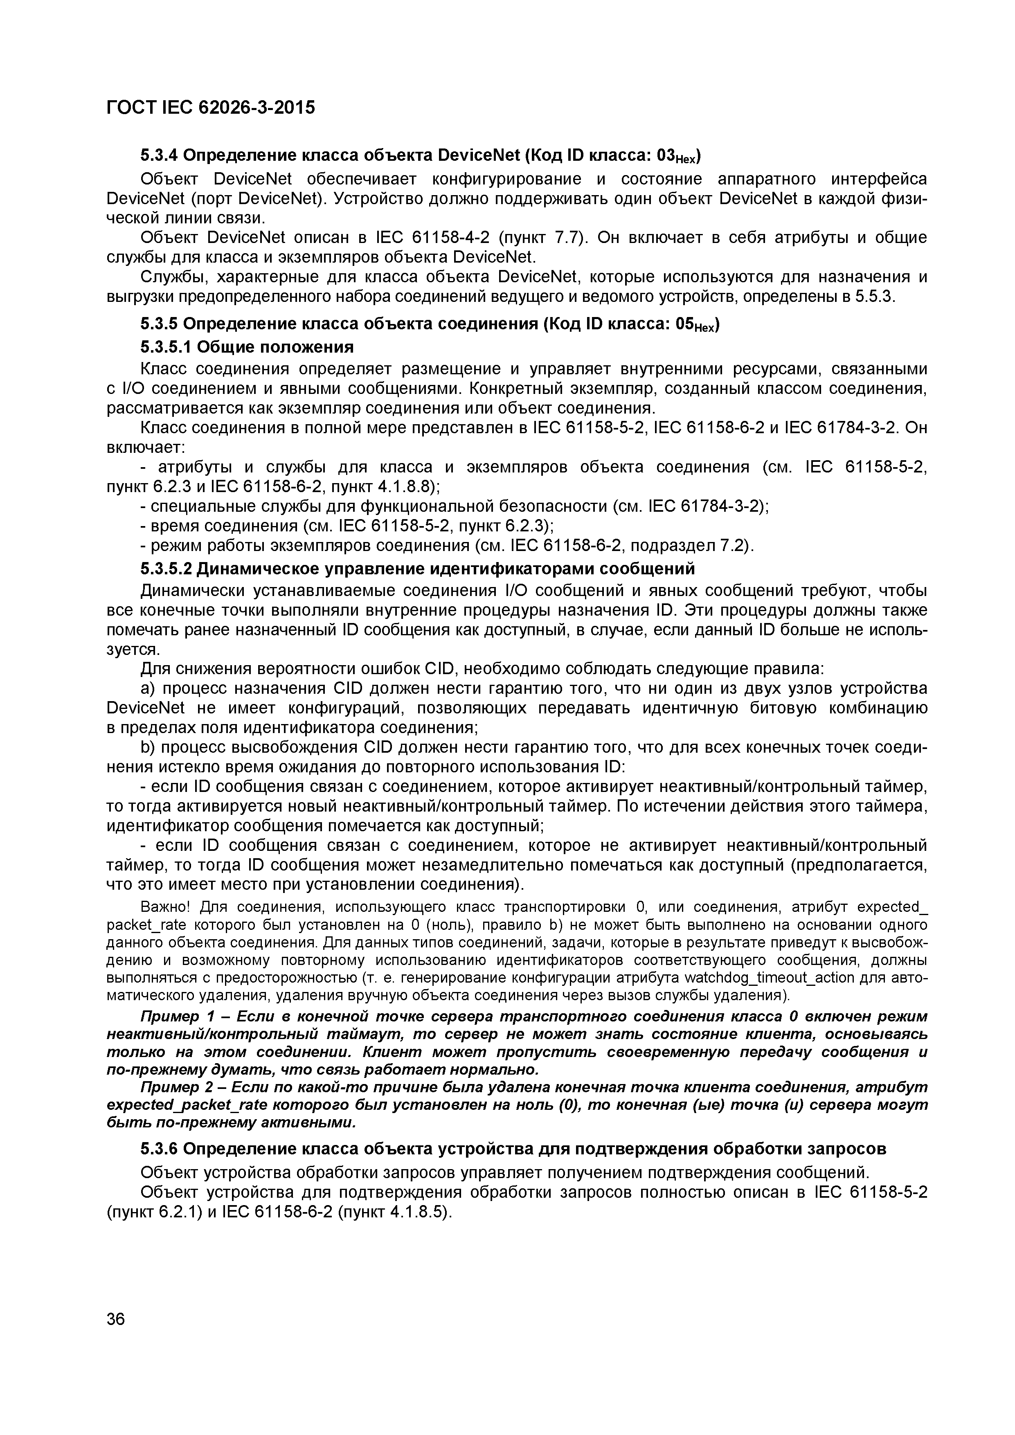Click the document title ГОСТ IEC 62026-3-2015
(211, 108)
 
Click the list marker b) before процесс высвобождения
(148, 747)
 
